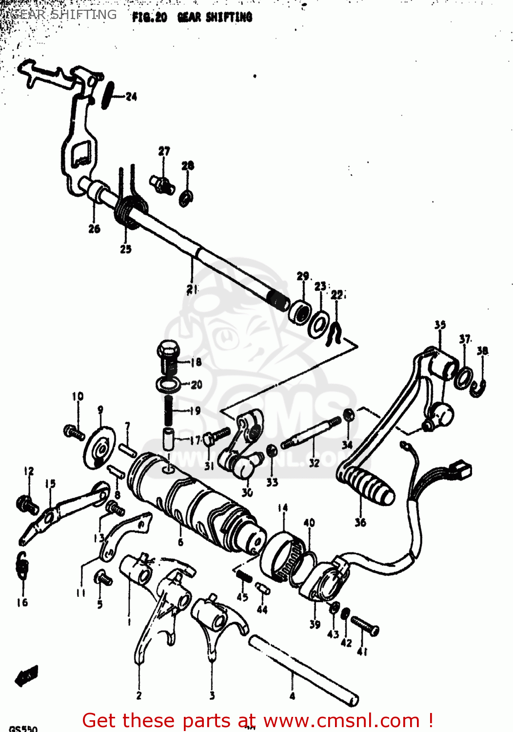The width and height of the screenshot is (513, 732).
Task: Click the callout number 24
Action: click(131, 97)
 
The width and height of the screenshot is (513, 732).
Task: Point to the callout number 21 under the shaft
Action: click(193, 289)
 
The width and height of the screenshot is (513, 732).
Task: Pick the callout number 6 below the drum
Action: click(180, 542)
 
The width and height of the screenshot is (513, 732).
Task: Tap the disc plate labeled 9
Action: click(100, 447)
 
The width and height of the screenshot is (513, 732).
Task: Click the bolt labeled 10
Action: click(74, 432)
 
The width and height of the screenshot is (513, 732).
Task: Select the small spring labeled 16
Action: click(22, 566)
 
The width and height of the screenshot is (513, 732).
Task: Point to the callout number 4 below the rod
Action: click(292, 696)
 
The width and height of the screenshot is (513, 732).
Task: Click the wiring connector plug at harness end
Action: click(460, 469)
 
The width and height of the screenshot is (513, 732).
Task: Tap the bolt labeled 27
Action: click(162, 185)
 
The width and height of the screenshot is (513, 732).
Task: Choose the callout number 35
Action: click(440, 325)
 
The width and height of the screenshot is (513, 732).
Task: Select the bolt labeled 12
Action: click(27, 504)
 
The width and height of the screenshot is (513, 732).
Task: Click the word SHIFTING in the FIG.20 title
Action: click(229, 18)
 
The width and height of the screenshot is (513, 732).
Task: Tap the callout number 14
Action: click(283, 508)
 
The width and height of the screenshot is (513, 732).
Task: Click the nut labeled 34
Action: click(349, 415)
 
